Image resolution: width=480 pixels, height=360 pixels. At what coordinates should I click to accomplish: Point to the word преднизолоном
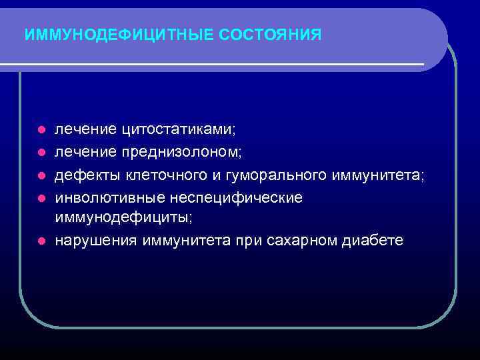181,152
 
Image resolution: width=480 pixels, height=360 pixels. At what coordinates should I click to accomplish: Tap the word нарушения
95,240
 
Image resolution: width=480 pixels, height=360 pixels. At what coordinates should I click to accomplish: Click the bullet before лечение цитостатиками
41,129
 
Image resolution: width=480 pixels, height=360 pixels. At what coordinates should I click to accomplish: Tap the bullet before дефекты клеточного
41,175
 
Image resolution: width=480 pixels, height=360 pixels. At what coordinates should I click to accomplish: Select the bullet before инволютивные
41,197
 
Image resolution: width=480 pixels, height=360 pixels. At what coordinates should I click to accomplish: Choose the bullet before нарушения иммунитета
41,240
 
